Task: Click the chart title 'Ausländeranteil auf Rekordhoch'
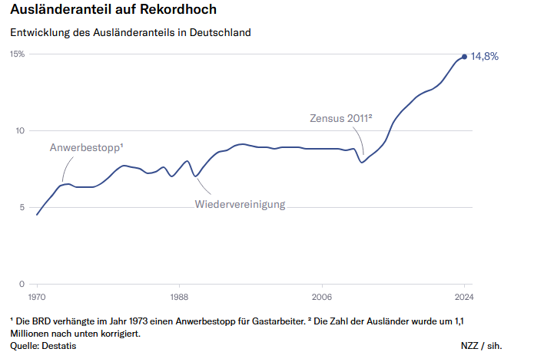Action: (113, 10)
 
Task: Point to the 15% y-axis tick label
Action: (17, 54)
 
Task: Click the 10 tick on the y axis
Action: (20, 130)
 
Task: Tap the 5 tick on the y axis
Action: (22, 207)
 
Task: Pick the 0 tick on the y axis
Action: (22, 284)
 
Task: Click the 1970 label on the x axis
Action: (37, 296)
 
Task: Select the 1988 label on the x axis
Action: (180, 296)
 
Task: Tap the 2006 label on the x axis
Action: (322, 296)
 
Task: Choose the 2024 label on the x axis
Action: (464, 296)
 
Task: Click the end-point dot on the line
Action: (464, 56)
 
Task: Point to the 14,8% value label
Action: (485, 57)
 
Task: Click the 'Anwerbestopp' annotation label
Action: (86, 147)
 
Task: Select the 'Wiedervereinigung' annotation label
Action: (240, 204)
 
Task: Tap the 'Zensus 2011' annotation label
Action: (340, 118)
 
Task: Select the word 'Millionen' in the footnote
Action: (32, 333)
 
